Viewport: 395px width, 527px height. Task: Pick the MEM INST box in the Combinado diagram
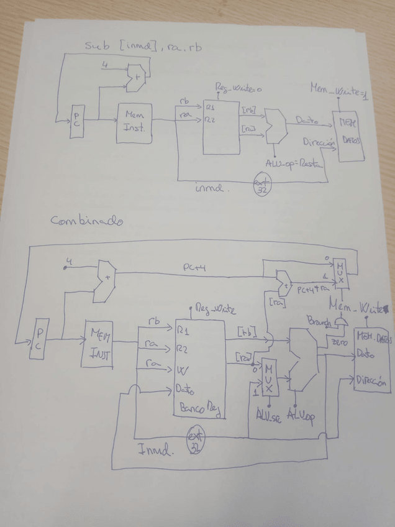(x=99, y=344)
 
